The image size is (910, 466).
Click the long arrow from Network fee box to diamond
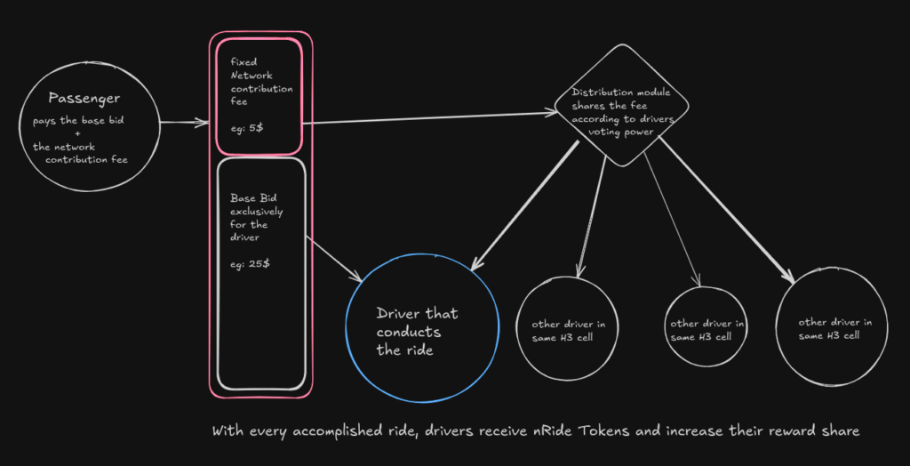[427, 118]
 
